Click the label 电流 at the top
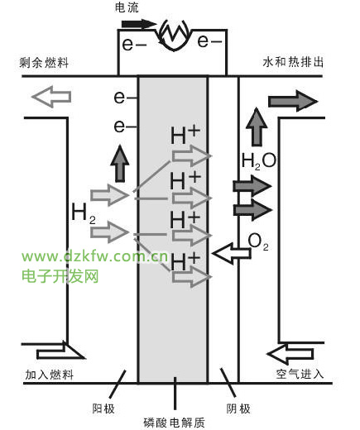click(127, 7)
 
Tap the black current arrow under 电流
click(139, 24)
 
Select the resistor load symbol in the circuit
click(174, 35)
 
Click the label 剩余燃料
click(44, 63)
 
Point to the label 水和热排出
click(293, 62)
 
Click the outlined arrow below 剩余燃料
click(51, 97)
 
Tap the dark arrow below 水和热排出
click(293, 101)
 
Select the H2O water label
click(258, 161)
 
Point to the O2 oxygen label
click(258, 241)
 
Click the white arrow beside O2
click(232, 253)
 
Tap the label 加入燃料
click(50, 375)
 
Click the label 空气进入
click(300, 374)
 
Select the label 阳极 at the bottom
click(103, 408)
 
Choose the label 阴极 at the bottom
click(238, 408)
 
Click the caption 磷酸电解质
click(174, 423)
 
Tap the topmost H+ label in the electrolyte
click(185, 135)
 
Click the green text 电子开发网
click(60, 276)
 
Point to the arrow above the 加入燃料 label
click(60, 351)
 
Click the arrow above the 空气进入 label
click(290, 353)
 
